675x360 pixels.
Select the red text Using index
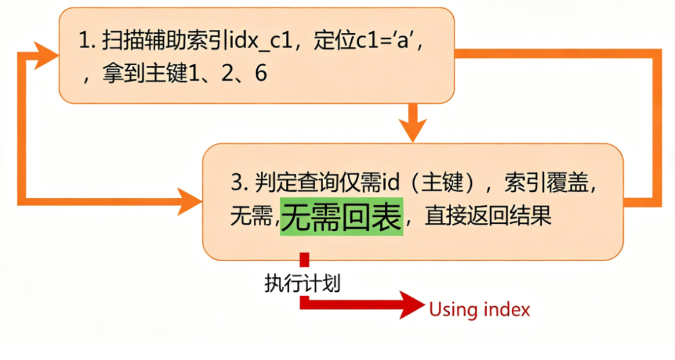(x=479, y=309)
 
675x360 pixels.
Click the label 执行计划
(x=302, y=283)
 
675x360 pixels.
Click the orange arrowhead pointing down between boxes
(x=412, y=130)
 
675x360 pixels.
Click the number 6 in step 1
(x=261, y=74)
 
